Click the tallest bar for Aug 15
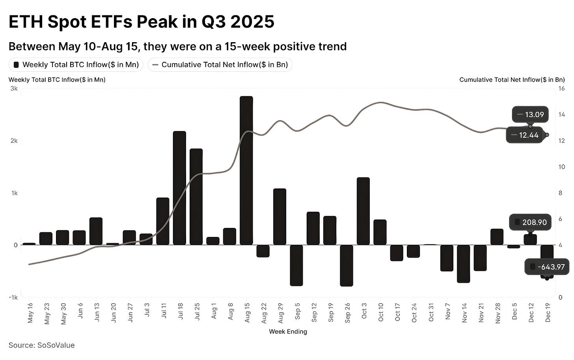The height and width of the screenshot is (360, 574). coord(246,170)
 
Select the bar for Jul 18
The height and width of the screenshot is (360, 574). coord(179,188)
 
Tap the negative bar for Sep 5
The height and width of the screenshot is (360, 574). coord(296,265)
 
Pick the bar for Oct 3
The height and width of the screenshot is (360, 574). coord(363,211)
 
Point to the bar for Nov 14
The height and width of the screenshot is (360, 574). coord(463,263)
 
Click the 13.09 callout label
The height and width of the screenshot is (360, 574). coord(530,115)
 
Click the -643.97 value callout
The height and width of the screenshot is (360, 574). coord(547,267)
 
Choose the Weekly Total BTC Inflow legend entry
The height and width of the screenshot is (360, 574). coord(76,65)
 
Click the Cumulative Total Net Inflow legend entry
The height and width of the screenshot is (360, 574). coord(220,65)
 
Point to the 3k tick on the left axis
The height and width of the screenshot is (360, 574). coord(14,89)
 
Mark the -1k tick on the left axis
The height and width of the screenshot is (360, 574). coord(13,297)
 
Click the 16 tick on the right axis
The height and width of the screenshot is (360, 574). coord(562,89)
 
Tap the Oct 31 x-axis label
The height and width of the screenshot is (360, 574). coord(431,313)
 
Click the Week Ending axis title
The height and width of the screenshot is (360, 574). coord(288,332)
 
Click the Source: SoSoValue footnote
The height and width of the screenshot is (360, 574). coord(41,345)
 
